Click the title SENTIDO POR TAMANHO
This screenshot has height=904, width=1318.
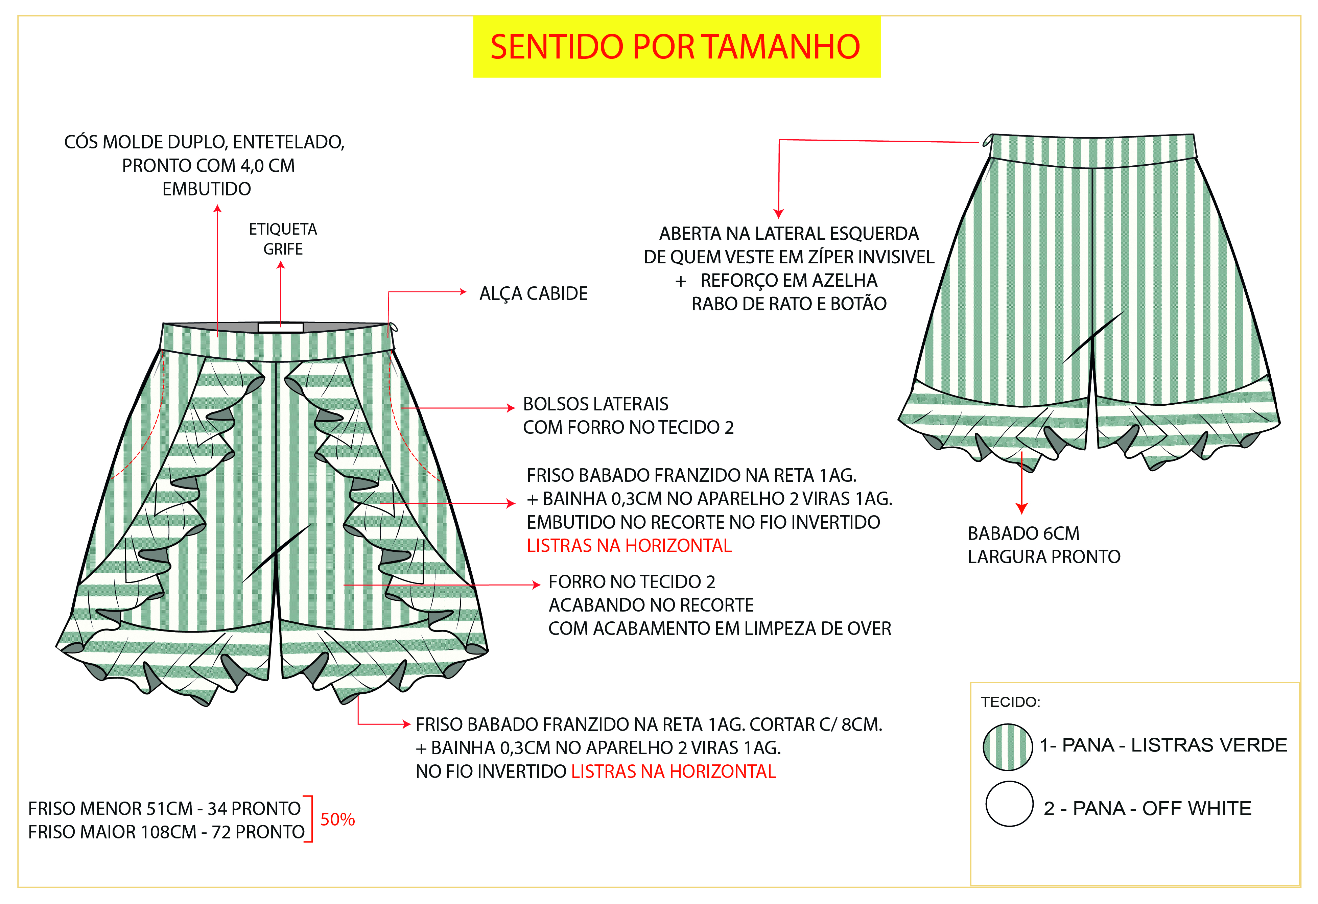coord(676,47)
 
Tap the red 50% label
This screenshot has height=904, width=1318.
coord(337,819)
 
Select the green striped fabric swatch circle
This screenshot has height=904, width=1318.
coord(1008,747)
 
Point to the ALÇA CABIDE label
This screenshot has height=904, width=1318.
coord(533,294)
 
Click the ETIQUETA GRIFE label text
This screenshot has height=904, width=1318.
coord(283,239)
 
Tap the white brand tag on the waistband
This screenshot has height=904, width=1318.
coord(281,327)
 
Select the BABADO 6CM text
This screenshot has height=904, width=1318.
coord(1023,534)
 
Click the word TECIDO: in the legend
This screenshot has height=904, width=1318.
coord(1011,702)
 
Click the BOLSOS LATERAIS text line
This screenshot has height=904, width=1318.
coord(595,404)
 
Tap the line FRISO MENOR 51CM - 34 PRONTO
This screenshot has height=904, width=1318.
coord(164,809)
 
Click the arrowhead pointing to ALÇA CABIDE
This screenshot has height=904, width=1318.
coord(463,292)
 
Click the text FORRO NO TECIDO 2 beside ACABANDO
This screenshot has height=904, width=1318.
coord(631,582)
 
